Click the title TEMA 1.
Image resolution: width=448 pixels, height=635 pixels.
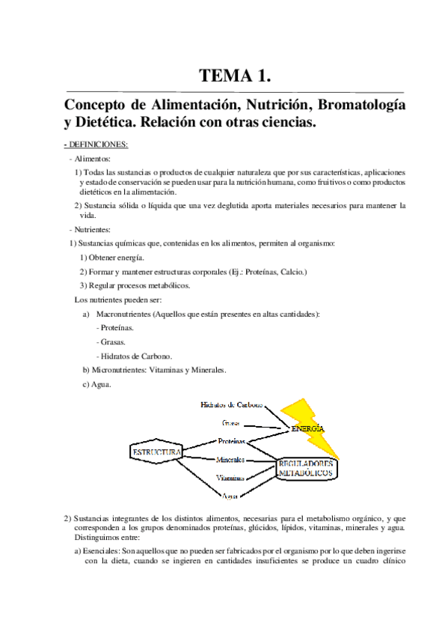point(234,76)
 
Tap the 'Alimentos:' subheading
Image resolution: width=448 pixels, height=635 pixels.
point(91,159)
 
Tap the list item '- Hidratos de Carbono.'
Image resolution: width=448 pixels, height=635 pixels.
point(135,356)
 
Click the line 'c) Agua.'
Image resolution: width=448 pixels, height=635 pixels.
point(97,384)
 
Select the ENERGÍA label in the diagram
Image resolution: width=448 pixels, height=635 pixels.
point(308,428)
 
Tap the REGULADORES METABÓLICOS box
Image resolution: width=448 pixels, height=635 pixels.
point(307,469)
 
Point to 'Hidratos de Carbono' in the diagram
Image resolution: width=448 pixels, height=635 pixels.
point(232,405)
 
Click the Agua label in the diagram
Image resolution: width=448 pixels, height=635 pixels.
point(230,496)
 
